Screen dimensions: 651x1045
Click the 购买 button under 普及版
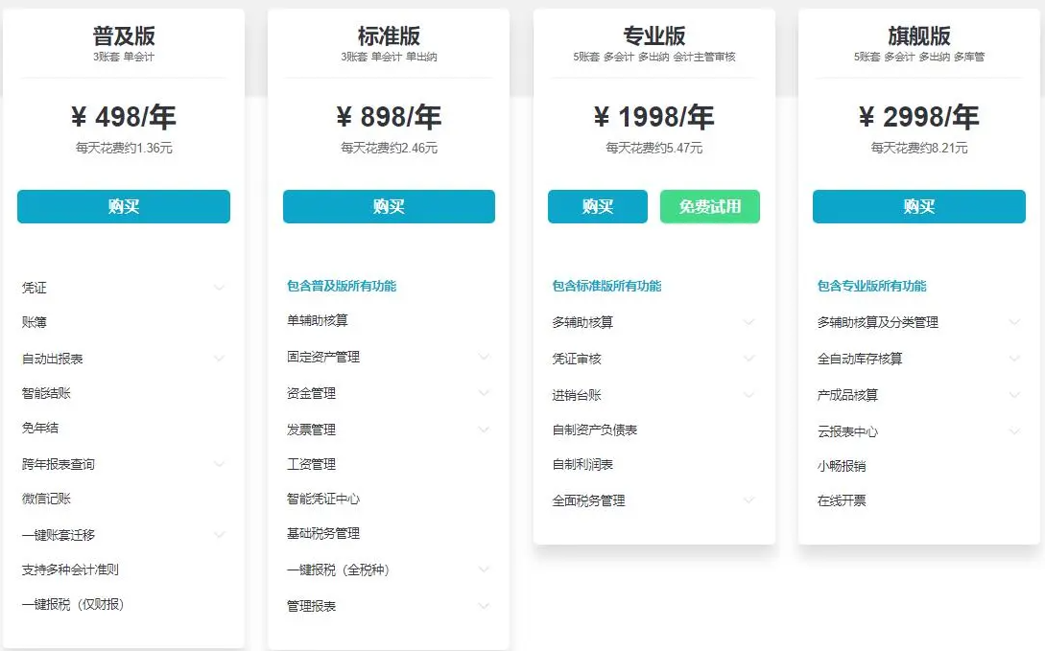pos(124,206)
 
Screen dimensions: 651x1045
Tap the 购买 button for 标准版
pos(389,206)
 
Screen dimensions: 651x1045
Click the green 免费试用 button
pos(710,206)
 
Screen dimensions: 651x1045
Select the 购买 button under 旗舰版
pos(918,206)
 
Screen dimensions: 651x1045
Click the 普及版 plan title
pos(124,36)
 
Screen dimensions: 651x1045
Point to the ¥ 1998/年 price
pos(653,117)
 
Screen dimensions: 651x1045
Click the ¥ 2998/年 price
pos(918,117)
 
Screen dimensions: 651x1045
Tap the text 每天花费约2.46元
pos(389,149)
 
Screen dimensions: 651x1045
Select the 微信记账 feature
pos(47,499)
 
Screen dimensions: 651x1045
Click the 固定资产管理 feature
pos(323,357)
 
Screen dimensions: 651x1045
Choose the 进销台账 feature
pos(577,395)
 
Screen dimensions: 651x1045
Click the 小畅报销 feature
pos(842,466)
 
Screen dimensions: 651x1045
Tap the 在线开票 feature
pos(842,500)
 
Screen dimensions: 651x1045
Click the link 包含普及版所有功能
pos(342,286)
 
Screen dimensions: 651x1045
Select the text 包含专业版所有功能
pos(871,286)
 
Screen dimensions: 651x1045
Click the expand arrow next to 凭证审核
pos(748,359)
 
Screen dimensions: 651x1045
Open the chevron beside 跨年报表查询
pos(219,464)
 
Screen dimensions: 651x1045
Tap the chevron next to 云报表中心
pos(1014,431)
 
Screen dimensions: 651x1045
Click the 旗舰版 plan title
pos(918,36)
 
